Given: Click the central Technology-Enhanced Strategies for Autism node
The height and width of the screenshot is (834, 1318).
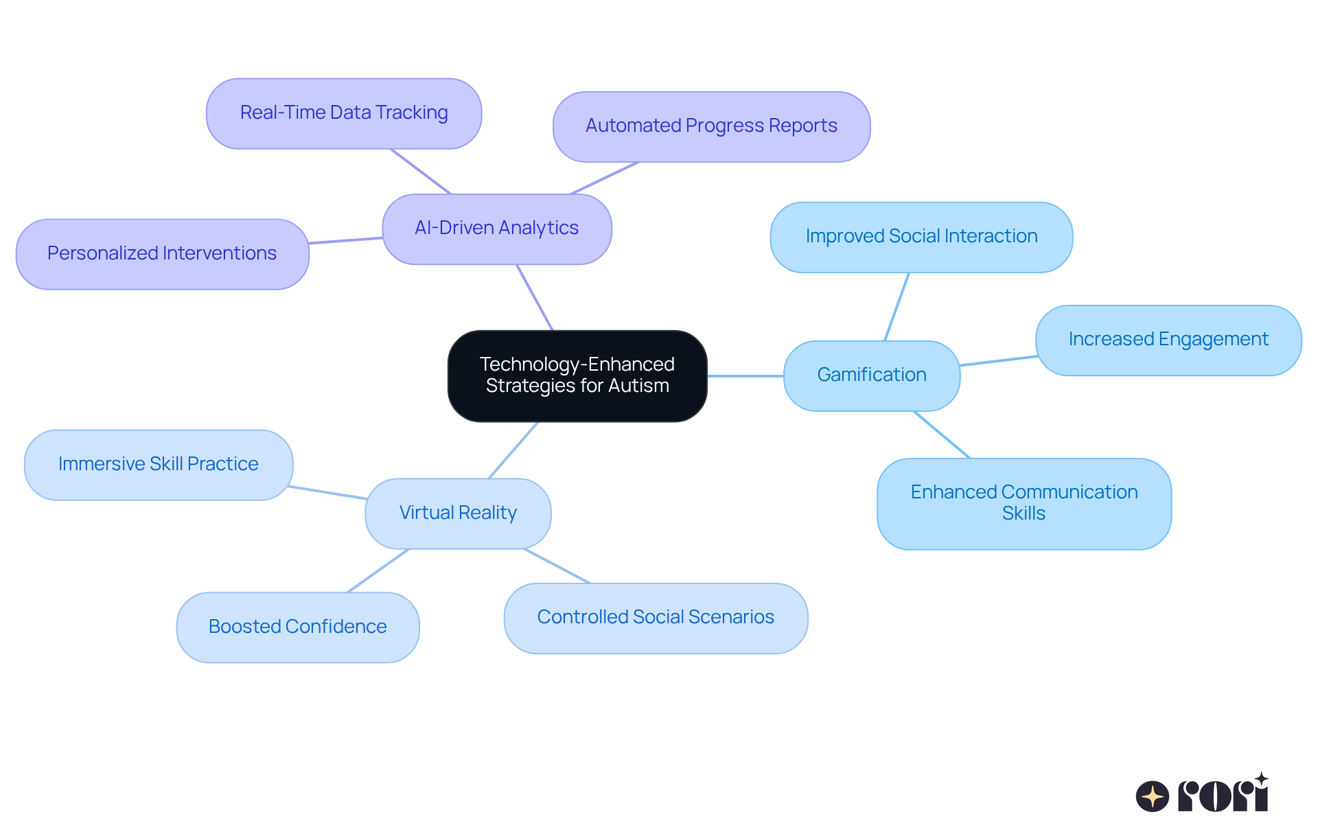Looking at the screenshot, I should point(577,375).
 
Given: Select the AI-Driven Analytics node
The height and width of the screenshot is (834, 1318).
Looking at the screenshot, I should point(496,229).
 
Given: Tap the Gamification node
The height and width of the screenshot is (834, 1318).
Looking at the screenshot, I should point(871,375).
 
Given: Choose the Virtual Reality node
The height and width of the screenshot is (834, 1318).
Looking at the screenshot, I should point(458,513).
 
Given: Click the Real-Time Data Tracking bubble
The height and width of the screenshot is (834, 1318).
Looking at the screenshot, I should point(344,113).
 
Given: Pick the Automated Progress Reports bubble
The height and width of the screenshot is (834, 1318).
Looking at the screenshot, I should point(711,126).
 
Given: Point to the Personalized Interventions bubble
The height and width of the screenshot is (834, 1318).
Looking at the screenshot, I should point(162,254).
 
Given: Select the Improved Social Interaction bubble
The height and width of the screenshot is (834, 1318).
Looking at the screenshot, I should point(921,237).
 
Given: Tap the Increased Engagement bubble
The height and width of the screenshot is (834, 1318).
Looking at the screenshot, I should point(1168,340).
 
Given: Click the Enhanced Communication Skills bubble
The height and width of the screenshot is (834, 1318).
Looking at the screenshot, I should point(1024,503).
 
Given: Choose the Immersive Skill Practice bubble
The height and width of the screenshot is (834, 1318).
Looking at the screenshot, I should point(159,465).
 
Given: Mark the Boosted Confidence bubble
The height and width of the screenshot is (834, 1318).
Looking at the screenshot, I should point(297,627).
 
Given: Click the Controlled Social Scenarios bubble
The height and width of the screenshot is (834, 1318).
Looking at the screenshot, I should point(656,618).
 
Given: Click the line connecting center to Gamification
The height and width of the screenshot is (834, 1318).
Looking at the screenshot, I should point(745,376).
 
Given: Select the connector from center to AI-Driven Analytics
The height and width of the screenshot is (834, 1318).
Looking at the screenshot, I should point(535,297).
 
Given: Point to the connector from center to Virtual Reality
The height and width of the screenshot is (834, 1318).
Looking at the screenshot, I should point(513,450).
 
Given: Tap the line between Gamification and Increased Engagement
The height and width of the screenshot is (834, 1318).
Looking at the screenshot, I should point(998,361).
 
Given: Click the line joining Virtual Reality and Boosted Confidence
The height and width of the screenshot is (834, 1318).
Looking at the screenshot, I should point(378,570).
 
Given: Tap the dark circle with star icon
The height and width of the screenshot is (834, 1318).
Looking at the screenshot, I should point(1152,797).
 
